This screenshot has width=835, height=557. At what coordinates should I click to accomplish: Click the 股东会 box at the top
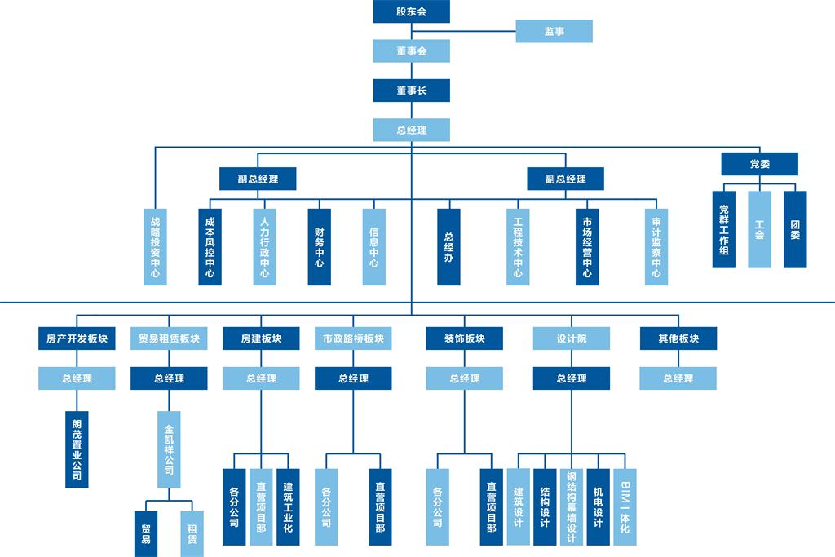coord(411,11)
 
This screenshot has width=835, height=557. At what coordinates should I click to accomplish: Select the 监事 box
coord(554,32)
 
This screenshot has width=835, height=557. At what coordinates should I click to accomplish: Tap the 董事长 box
coord(411,90)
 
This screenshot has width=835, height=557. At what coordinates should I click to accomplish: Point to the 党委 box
coord(759,164)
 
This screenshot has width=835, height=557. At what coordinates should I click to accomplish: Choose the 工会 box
coord(759,229)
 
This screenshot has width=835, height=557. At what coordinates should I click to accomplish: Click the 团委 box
coord(795,229)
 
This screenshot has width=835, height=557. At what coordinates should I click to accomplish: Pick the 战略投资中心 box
coord(156,247)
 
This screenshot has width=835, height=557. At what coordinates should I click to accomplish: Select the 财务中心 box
coord(319,247)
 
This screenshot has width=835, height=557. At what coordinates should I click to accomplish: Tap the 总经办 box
coord(448,247)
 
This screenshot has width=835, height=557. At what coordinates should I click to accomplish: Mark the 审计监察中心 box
coord(656,247)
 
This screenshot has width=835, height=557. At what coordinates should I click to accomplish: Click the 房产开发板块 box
coord(77,338)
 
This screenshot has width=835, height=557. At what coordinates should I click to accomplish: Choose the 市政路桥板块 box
coord(353,338)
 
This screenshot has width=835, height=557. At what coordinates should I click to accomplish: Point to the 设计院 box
coord(572,338)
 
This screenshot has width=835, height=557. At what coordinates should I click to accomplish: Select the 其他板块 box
coord(678,338)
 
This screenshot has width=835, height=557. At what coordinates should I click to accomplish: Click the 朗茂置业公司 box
coord(77,449)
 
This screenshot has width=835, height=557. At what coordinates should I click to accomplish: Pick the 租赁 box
coord(192,533)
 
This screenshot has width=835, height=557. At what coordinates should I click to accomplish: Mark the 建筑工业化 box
coord(288,506)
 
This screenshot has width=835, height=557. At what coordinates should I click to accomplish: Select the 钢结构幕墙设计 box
coord(571,506)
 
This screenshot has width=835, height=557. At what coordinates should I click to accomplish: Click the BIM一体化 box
coord(625,506)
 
